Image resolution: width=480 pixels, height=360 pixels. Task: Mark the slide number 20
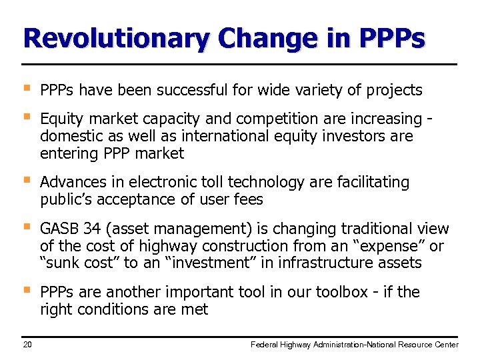pyautogui.click(x=27, y=345)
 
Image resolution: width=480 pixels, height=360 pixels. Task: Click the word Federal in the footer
pyautogui.click(x=264, y=345)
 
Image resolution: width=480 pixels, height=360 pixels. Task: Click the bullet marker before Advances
pyautogui.click(x=26, y=180)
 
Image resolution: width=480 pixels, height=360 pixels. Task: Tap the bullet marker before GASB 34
pyautogui.click(x=26, y=227)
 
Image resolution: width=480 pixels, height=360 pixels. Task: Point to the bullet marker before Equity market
pyautogui.click(x=26, y=117)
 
